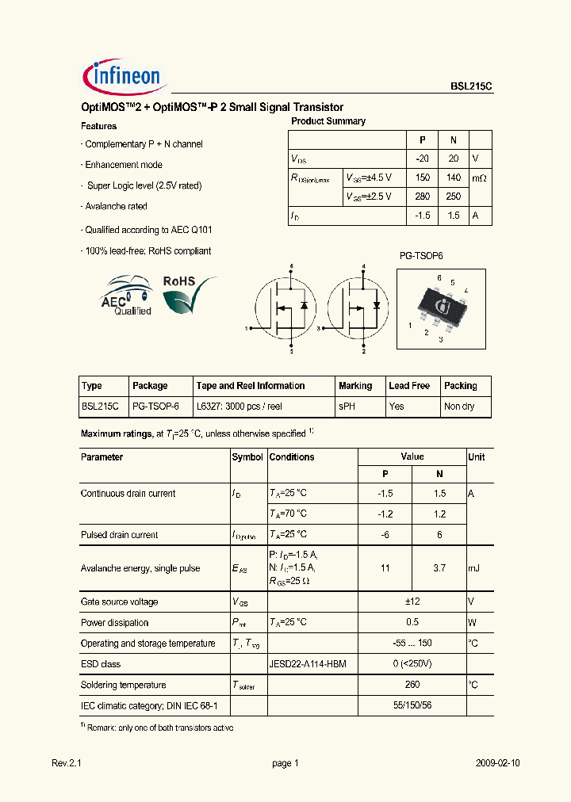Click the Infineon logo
[123, 76]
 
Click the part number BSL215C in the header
[470, 89]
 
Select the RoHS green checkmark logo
[188, 293]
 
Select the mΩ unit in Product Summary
[479, 178]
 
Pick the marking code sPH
[347, 406]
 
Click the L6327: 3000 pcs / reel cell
[239, 406]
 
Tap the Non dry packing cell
[458, 406]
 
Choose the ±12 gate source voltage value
[412, 602]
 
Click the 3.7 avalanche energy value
[439, 568]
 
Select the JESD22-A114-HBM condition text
[308, 664]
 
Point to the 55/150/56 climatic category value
[412, 705]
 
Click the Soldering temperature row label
[124, 685]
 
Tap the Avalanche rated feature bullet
[116, 206]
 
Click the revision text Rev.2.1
[67, 763]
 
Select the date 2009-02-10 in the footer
[498, 763]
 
